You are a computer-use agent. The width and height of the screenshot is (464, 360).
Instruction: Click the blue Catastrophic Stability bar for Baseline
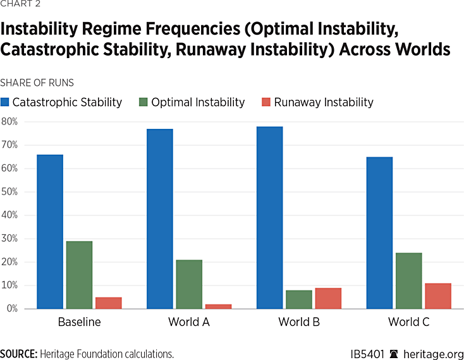(x=50, y=231)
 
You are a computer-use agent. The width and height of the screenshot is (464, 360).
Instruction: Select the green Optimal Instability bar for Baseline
(x=79, y=275)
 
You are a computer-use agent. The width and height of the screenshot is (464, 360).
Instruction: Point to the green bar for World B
(x=299, y=299)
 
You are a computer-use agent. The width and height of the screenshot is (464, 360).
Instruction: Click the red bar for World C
(x=438, y=296)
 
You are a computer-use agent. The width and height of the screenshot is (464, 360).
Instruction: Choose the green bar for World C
(x=409, y=280)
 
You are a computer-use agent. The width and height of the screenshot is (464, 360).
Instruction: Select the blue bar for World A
(x=160, y=219)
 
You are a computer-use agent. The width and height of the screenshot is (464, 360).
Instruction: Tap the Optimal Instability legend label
(x=197, y=102)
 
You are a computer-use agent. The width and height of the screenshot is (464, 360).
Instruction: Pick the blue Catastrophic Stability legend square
(x=5, y=102)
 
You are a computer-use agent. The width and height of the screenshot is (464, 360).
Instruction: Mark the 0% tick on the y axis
(x=11, y=309)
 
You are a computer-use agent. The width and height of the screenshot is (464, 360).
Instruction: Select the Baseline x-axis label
(x=79, y=322)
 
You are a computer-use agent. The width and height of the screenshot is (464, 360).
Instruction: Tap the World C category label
(x=409, y=322)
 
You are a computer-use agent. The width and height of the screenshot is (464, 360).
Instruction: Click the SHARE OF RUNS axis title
(x=37, y=83)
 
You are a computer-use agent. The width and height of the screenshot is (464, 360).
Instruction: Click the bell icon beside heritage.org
(x=394, y=354)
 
